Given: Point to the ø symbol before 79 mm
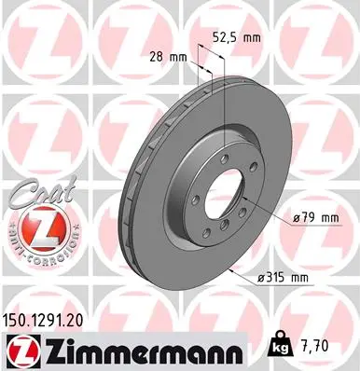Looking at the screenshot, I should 282,217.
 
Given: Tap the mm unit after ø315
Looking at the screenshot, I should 324,277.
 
